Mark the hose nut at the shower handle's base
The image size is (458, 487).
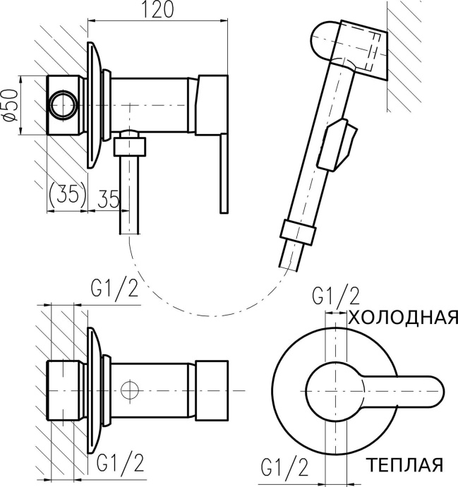click(297, 232)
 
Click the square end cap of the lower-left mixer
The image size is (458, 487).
click(212, 390)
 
